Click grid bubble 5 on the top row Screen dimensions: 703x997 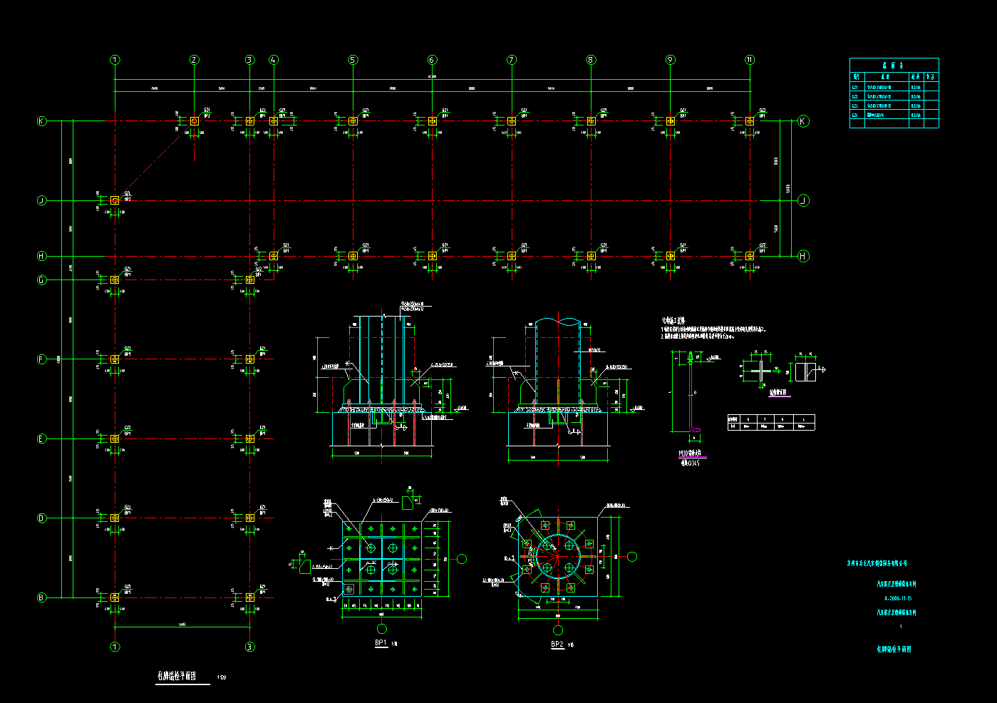[x=353, y=60]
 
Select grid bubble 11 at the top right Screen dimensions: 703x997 [x=750, y=60]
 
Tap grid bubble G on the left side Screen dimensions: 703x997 [x=41, y=280]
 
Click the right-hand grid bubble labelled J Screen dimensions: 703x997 [x=803, y=200]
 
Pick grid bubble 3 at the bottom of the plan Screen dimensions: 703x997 [x=249, y=647]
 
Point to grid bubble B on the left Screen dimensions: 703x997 [x=41, y=597]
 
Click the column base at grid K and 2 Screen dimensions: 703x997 [x=195, y=121]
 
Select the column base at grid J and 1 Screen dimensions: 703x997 [x=115, y=200]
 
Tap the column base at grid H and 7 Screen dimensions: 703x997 [x=512, y=256]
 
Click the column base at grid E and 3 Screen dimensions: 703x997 [x=249, y=438]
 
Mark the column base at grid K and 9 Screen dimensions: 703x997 [x=671, y=121]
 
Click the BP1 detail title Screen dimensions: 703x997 [x=381, y=642]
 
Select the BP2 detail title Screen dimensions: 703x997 [x=557, y=644]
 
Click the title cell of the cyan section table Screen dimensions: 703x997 [x=894, y=65]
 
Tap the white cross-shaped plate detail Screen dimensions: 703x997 [x=761, y=371]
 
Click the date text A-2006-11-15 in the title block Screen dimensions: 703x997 [x=898, y=598]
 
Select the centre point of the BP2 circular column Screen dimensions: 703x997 [x=557, y=557]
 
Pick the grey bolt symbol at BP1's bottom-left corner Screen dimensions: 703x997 [x=348, y=589]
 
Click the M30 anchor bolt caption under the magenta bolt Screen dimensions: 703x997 [x=690, y=453]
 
